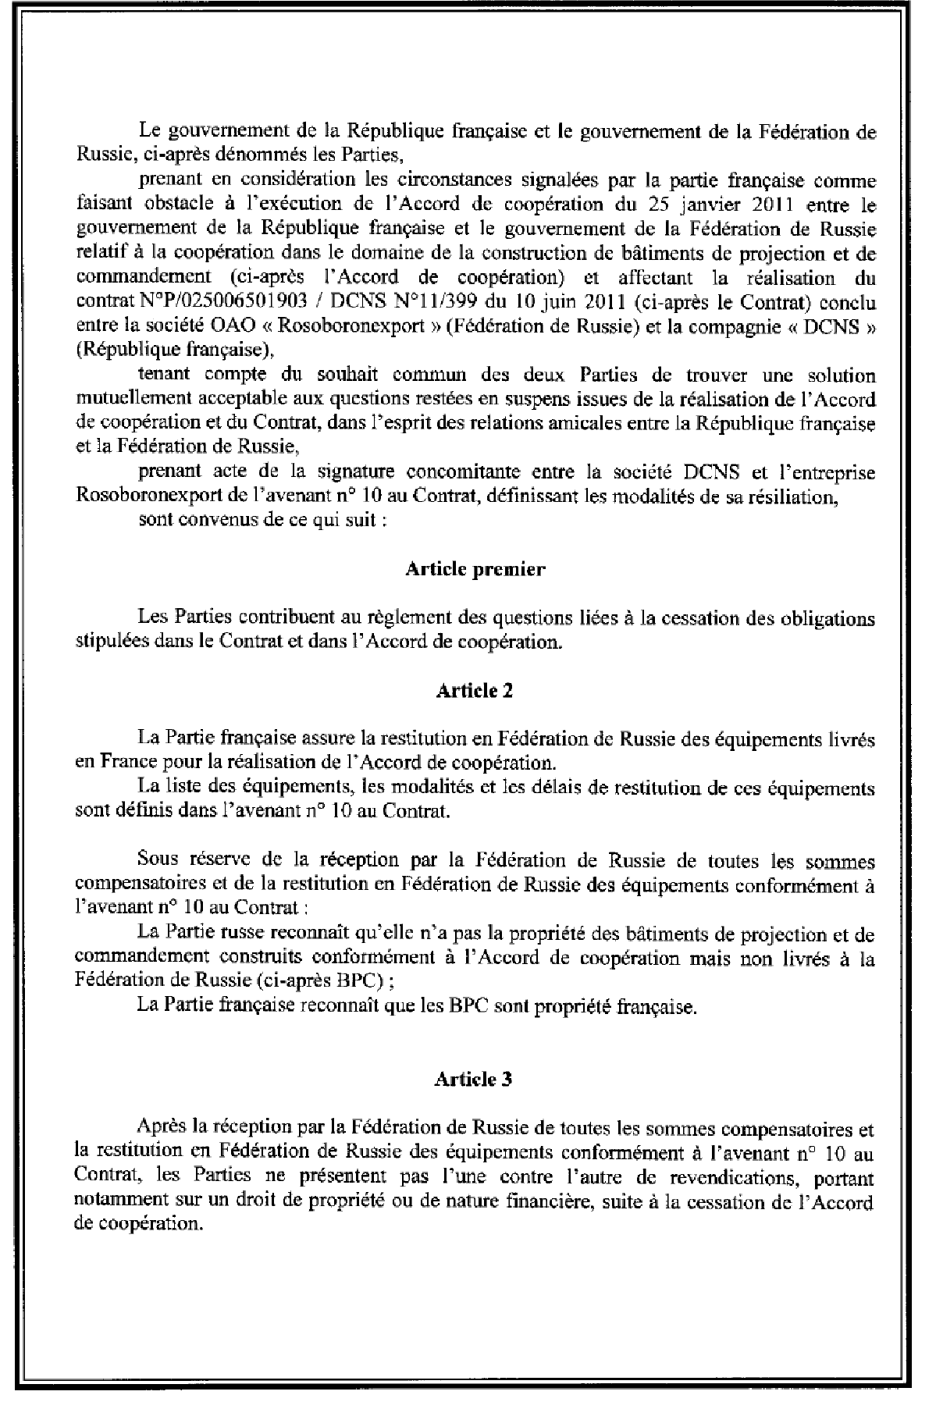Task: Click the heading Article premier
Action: tap(475, 569)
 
